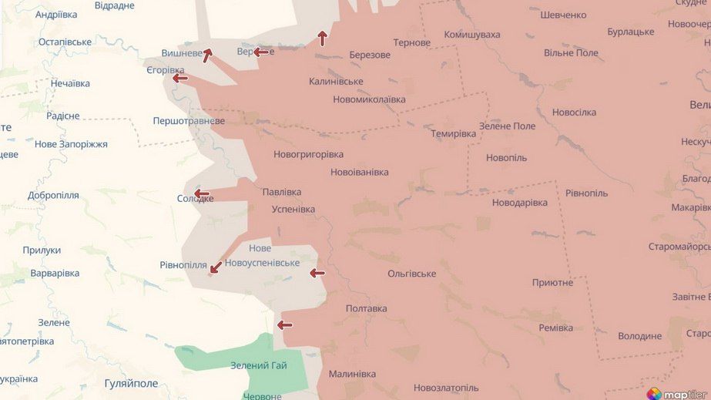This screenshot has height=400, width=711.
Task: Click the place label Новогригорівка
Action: pos(308,154)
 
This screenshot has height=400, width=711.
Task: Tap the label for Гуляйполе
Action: pos(131,383)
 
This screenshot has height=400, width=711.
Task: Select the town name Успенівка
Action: pos(293,210)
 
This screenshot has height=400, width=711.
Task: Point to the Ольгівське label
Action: pos(411,274)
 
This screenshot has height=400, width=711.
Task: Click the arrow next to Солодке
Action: pos(202,193)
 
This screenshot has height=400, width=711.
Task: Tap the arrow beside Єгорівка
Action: pos(180,78)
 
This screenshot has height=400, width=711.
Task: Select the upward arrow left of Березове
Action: pos(322,39)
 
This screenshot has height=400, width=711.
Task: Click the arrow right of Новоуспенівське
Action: pos(317,273)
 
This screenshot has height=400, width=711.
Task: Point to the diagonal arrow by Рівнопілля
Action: pos(216,267)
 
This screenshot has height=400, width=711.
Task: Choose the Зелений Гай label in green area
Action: pos(259,365)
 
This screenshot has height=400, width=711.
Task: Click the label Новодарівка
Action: pos(520,203)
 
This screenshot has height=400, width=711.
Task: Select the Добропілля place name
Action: pos(53,195)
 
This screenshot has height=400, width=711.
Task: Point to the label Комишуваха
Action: pos(472,35)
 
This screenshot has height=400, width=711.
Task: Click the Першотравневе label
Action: pos(189,121)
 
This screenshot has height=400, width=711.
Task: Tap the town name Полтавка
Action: pos(367,308)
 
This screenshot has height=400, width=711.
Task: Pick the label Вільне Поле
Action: pos(571,53)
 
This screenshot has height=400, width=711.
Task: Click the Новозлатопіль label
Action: pos(445,388)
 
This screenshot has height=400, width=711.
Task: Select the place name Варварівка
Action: pos(55,273)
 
